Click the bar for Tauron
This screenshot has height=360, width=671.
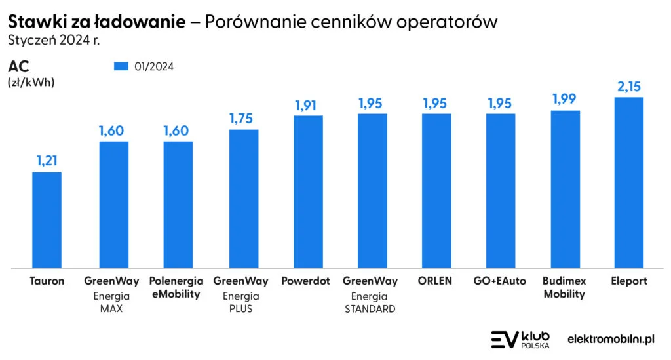(x=47, y=220)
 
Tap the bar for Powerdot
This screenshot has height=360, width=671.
(x=308, y=191)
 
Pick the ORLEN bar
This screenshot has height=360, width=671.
(x=436, y=191)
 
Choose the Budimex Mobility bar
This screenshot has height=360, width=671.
(x=565, y=189)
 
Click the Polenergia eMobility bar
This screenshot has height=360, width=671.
(x=178, y=205)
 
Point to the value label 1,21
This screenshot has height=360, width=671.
(x=47, y=161)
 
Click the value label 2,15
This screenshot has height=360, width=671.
(x=628, y=86)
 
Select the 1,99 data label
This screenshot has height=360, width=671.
(x=565, y=99)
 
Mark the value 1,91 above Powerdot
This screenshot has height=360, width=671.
(x=308, y=104)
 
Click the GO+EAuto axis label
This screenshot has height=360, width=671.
(x=500, y=281)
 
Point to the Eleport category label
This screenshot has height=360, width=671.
(x=628, y=281)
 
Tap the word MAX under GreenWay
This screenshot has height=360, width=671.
(x=111, y=308)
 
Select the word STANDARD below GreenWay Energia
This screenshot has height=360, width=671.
(x=370, y=308)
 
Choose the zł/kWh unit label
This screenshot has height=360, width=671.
(x=31, y=83)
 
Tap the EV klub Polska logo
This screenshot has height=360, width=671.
(x=520, y=339)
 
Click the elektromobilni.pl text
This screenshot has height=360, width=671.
(x=611, y=339)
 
